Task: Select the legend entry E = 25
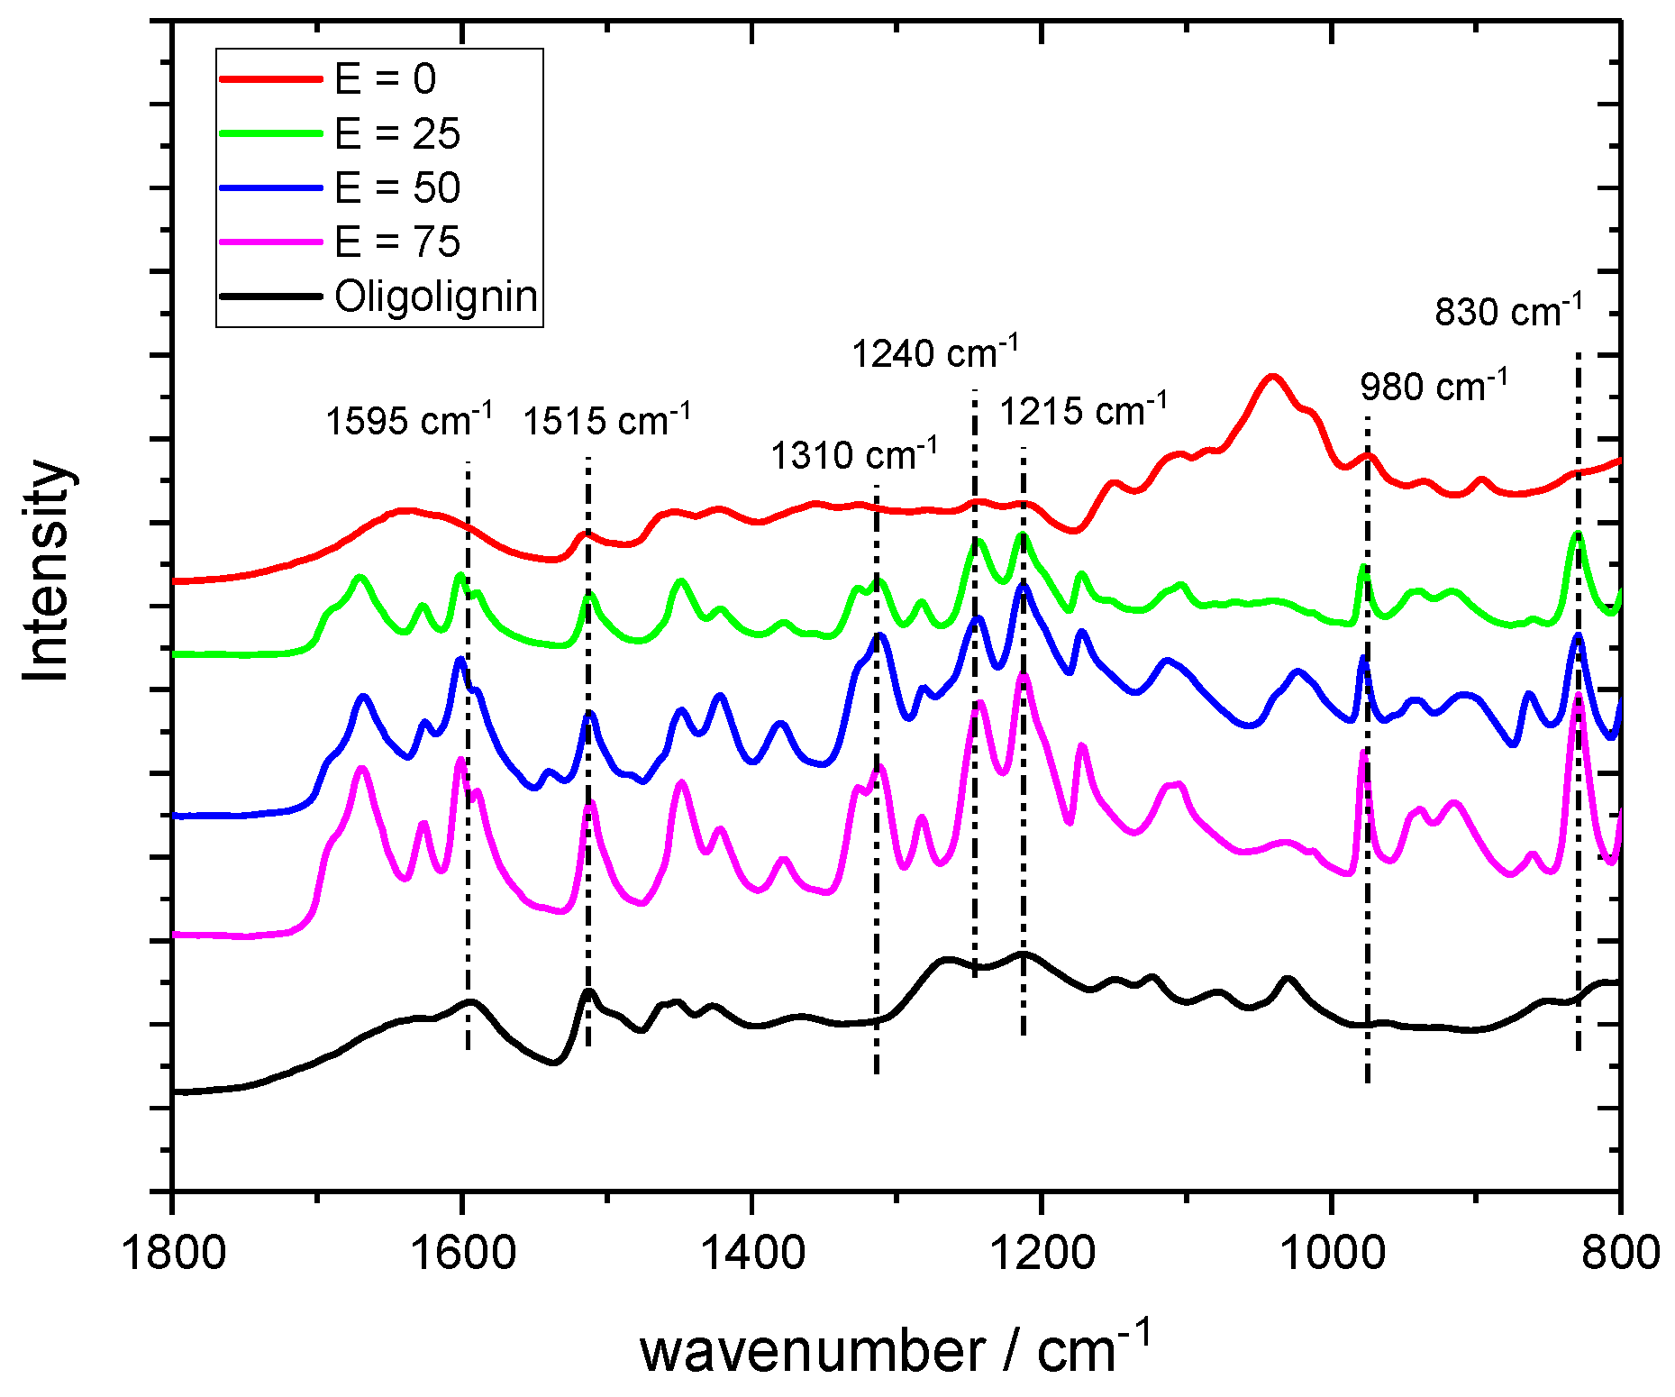click(x=396, y=133)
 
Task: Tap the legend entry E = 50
click(x=396, y=187)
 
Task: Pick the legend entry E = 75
click(x=396, y=242)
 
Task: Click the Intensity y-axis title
click(x=47, y=571)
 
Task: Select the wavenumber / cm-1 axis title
click(x=895, y=1349)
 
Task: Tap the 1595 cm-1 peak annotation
click(x=408, y=419)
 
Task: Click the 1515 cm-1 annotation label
click(x=606, y=419)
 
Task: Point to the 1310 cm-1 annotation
click(x=853, y=453)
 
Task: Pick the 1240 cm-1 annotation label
click(x=935, y=352)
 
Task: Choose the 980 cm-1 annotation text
click(x=1434, y=386)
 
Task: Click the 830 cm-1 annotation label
click(x=1508, y=311)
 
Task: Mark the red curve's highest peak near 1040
click(x=1271, y=376)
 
